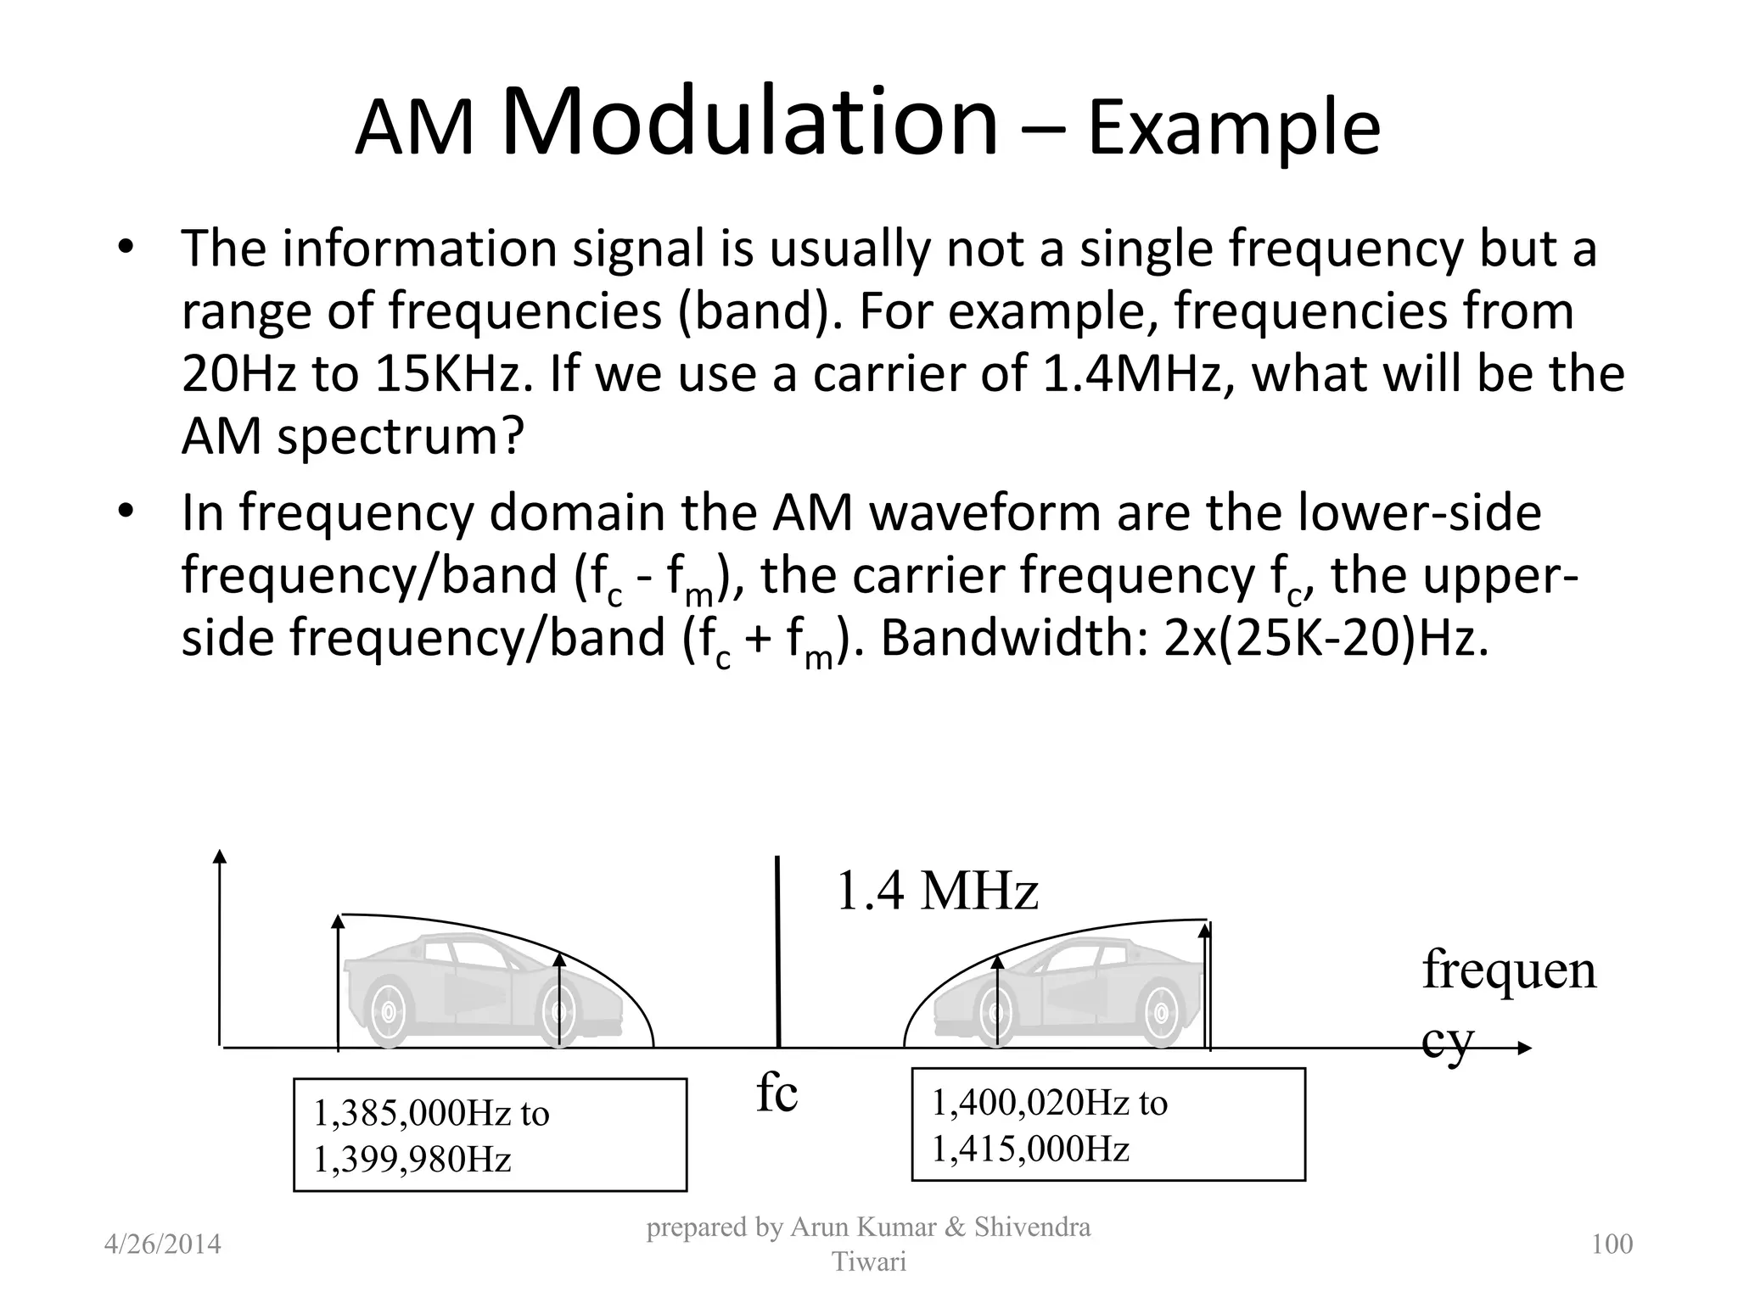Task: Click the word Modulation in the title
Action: coord(750,123)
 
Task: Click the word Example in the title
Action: coord(1234,129)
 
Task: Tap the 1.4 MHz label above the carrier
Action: coord(937,892)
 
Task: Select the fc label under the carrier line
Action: coord(776,1093)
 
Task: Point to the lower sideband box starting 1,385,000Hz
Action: coord(490,1135)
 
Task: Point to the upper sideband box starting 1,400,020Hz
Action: coord(1107,1125)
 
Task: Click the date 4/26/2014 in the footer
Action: coord(162,1244)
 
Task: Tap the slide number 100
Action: coord(1612,1244)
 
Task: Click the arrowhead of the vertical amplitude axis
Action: coord(220,856)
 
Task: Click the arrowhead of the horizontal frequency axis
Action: coord(1524,1049)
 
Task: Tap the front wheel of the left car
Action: coord(388,1012)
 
